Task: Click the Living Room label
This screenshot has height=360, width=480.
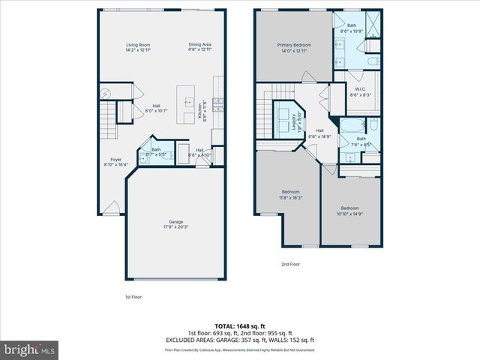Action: click(138, 48)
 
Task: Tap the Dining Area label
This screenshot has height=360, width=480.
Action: click(199, 48)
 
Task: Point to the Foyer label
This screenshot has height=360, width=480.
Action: click(116, 161)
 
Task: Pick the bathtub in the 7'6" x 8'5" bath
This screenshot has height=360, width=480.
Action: click(351, 125)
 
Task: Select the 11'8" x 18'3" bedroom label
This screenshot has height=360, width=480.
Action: click(292, 195)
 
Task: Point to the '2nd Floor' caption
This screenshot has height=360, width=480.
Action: click(290, 264)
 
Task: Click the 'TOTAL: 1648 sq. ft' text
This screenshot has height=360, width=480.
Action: click(239, 325)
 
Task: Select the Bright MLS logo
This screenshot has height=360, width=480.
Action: click(30, 349)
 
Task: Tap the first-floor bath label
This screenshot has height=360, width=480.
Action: click(156, 151)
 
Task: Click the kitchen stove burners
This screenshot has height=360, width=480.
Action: click(218, 104)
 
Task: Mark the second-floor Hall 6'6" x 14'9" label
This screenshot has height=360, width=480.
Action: click(324, 133)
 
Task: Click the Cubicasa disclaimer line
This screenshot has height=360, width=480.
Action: click(239, 349)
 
